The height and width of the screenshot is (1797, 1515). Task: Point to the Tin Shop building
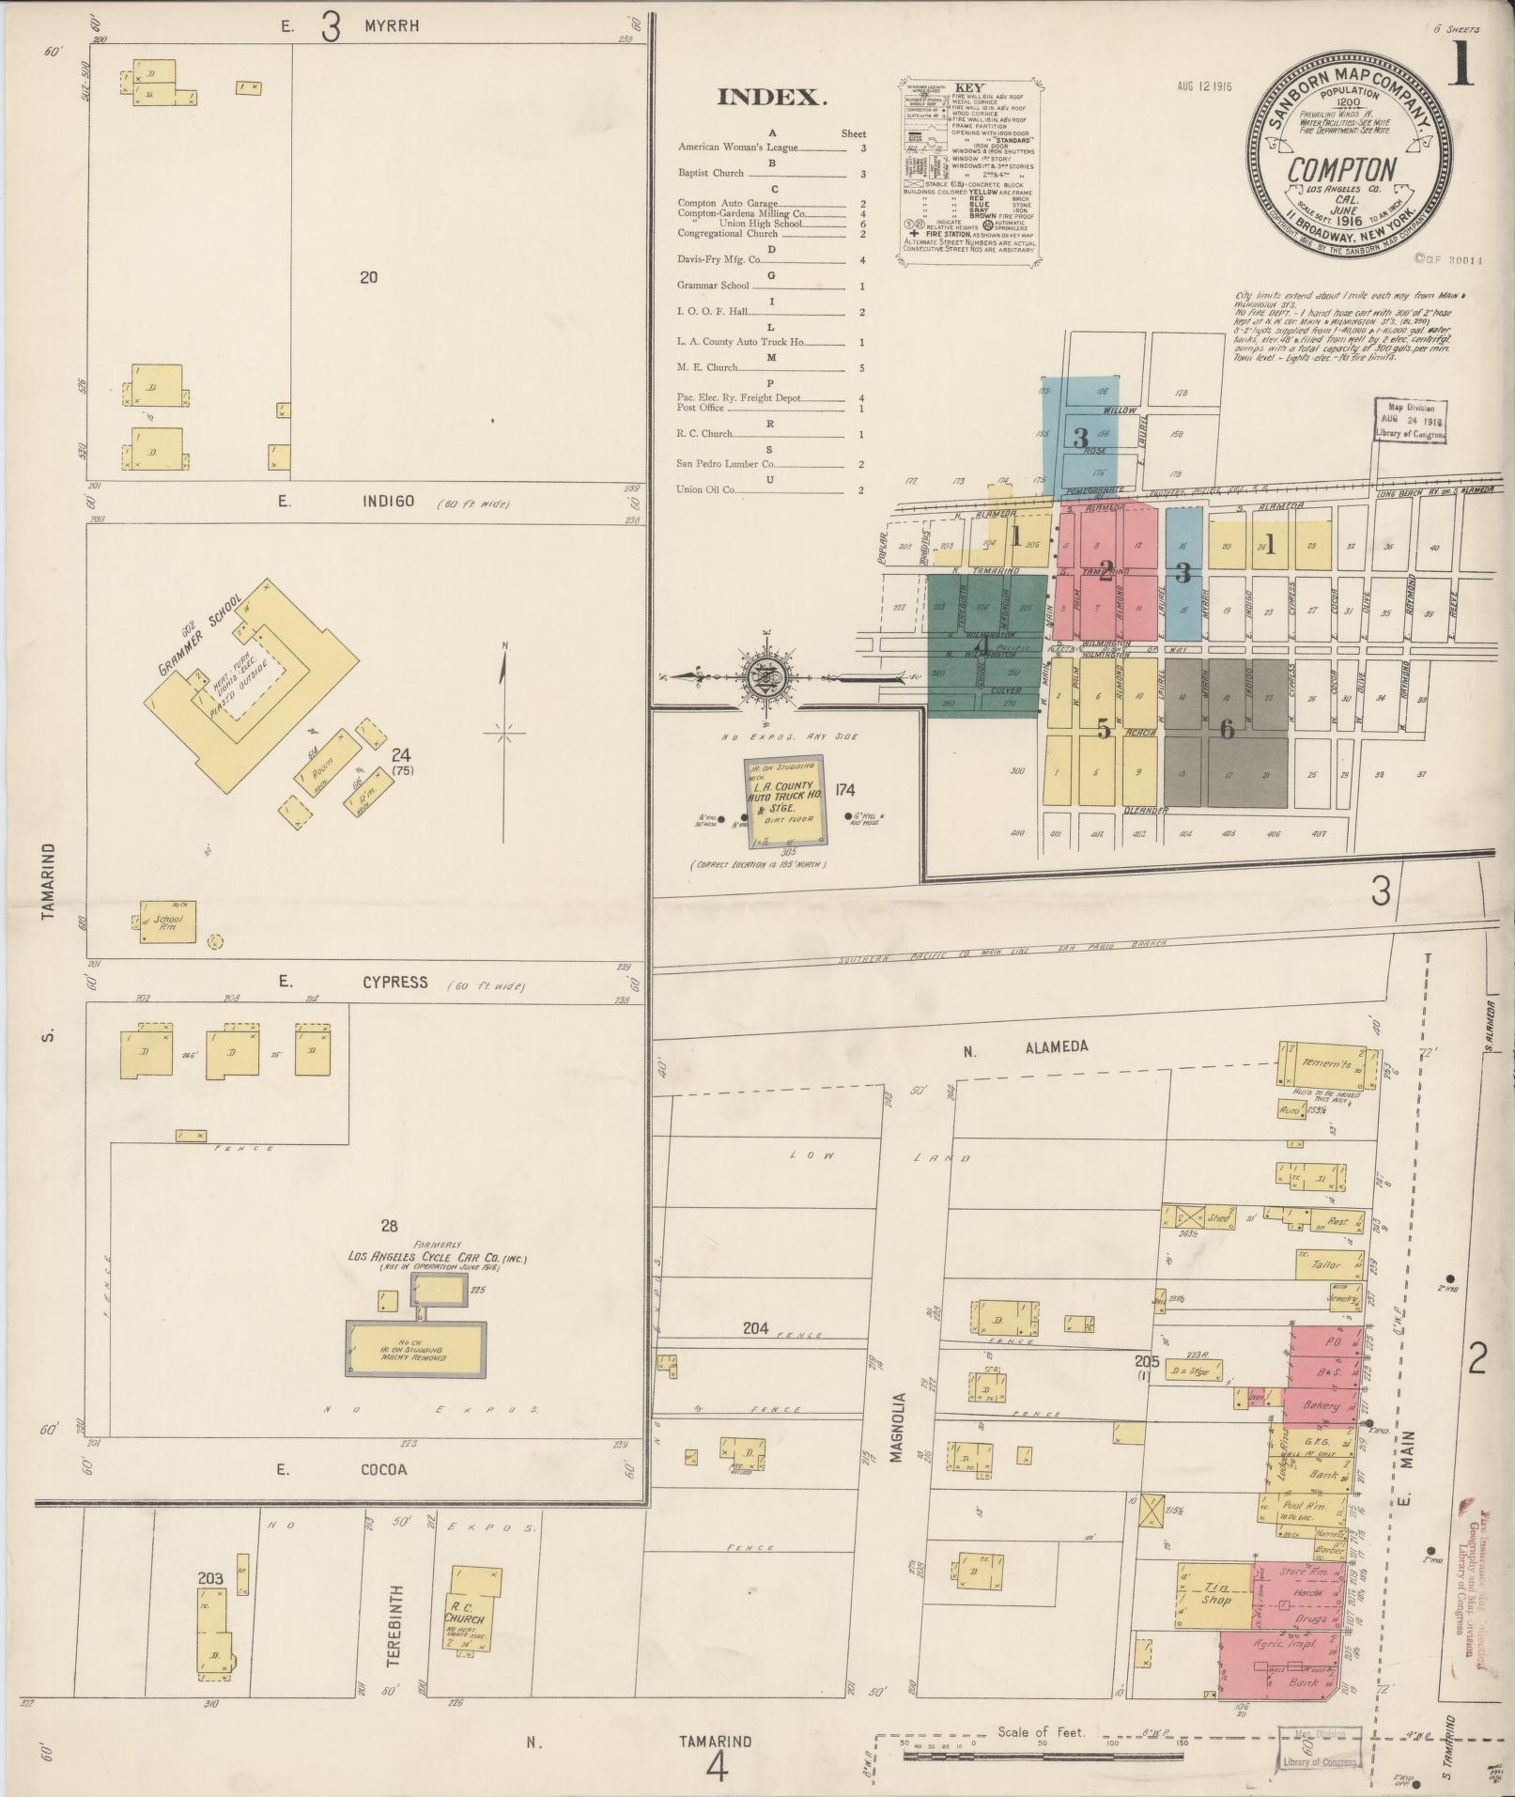(x=1214, y=1595)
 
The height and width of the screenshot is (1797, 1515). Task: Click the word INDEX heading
(x=771, y=98)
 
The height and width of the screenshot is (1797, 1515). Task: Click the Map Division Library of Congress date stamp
(x=1412, y=420)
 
